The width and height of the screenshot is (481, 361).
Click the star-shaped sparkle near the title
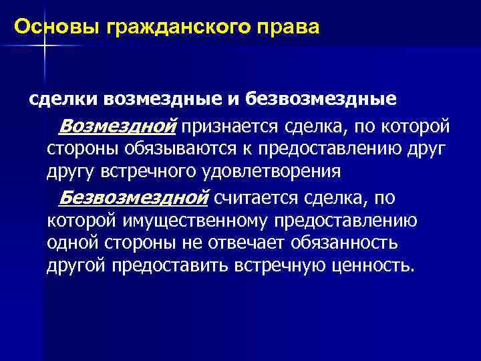click(44, 44)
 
